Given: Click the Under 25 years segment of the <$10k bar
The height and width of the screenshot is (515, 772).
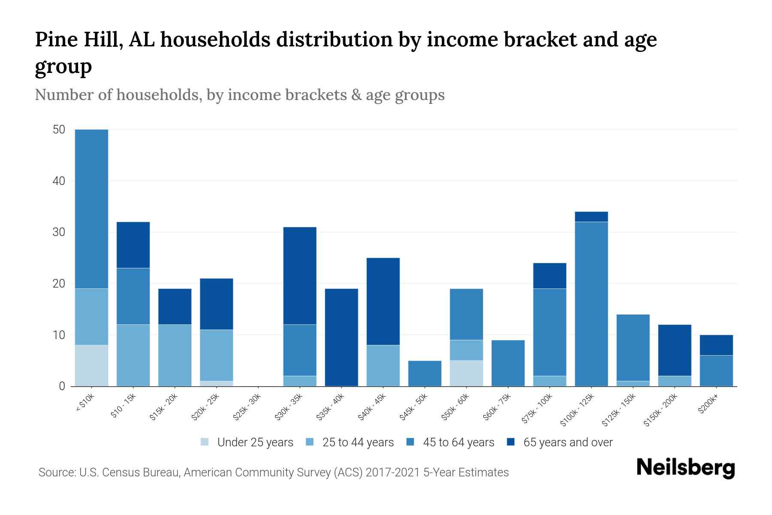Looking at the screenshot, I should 91,366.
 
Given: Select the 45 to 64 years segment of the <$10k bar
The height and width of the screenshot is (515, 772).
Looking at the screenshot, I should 91,209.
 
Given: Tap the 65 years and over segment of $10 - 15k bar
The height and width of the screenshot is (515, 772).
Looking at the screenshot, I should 133,245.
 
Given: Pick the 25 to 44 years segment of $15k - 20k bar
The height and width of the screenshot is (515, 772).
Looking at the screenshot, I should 175,355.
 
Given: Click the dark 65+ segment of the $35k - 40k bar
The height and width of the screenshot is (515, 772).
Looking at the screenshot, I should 341,337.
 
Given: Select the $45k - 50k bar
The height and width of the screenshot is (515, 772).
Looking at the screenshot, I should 425,373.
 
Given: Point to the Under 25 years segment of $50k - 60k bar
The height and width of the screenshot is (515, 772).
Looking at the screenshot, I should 466,373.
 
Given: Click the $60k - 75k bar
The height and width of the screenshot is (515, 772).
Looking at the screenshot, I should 508,363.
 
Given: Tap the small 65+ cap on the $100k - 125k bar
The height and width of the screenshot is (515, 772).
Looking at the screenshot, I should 591,217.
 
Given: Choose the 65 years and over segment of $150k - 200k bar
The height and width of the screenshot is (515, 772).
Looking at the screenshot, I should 674,350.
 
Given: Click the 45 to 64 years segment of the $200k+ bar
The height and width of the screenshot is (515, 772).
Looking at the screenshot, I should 716,371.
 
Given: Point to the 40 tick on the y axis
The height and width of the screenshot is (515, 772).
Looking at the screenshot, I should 59,181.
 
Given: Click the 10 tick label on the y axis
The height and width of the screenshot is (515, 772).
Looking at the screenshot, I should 59,335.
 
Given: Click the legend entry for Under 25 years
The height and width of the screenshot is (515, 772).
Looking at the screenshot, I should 247,442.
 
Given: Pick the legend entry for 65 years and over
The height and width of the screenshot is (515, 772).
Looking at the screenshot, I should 560,442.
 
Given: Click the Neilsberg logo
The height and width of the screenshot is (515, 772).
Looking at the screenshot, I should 685,468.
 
